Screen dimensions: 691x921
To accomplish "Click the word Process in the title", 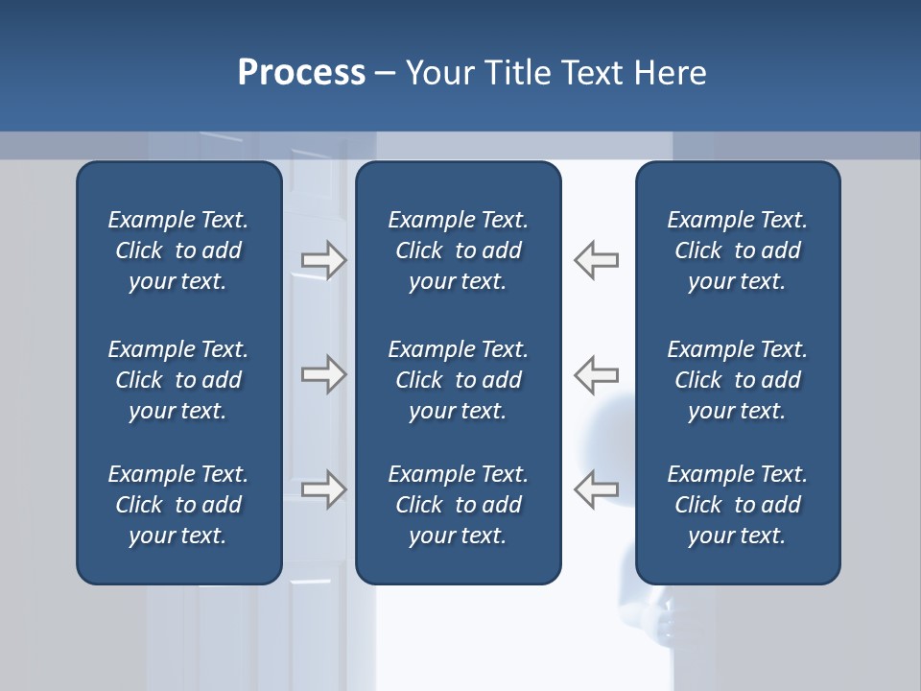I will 301,73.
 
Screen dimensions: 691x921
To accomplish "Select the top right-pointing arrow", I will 324,260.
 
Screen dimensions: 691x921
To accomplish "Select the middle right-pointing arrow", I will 324,374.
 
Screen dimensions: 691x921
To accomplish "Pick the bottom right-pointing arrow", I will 324,489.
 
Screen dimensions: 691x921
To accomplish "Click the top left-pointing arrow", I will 597,260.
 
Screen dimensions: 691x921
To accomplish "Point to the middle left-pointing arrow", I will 597,374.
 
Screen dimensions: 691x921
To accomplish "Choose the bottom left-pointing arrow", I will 597,489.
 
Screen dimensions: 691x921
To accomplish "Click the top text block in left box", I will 178,250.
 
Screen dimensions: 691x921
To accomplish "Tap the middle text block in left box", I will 178,380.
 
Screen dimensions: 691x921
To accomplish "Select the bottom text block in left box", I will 178,505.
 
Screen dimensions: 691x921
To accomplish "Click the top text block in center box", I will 458,250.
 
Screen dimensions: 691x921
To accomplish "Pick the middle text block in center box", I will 458,380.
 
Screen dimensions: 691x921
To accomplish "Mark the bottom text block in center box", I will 458,505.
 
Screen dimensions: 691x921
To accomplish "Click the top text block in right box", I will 737,250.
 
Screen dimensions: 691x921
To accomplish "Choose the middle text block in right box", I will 737,380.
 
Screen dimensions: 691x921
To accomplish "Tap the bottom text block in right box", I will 737,505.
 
